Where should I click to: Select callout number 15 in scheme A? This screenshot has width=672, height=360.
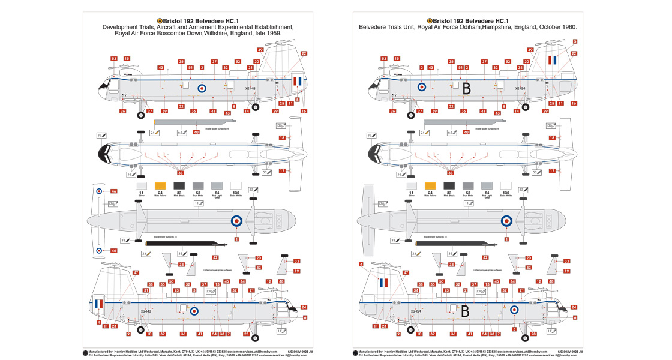click(x=127, y=59)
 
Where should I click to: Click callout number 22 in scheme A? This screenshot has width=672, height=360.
click(x=304, y=54)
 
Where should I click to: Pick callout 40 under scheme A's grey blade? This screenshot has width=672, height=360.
click(x=196, y=132)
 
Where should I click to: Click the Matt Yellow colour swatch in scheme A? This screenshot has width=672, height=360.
click(x=160, y=185)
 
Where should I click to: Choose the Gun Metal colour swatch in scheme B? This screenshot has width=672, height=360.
click(x=467, y=185)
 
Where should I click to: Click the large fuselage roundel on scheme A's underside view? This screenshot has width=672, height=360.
click(x=236, y=220)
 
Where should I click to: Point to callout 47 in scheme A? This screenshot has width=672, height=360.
click(x=136, y=273)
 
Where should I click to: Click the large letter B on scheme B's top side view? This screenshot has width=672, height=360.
click(x=467, y=88)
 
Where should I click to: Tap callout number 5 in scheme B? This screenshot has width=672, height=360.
click(x=575, y=41)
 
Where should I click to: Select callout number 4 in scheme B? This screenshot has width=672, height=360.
click(x=361, y=265)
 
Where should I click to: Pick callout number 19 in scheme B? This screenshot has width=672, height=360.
click(x=566, y=271)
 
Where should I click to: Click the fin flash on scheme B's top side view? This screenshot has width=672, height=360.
click(x=553, y=61)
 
